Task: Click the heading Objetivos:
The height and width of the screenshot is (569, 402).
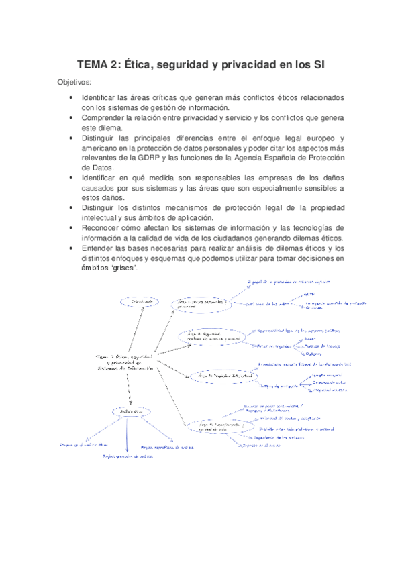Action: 74,82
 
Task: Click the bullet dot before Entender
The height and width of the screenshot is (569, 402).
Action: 71,248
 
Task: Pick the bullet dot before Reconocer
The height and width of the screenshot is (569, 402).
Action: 71,227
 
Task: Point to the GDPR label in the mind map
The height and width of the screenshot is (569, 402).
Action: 309,294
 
